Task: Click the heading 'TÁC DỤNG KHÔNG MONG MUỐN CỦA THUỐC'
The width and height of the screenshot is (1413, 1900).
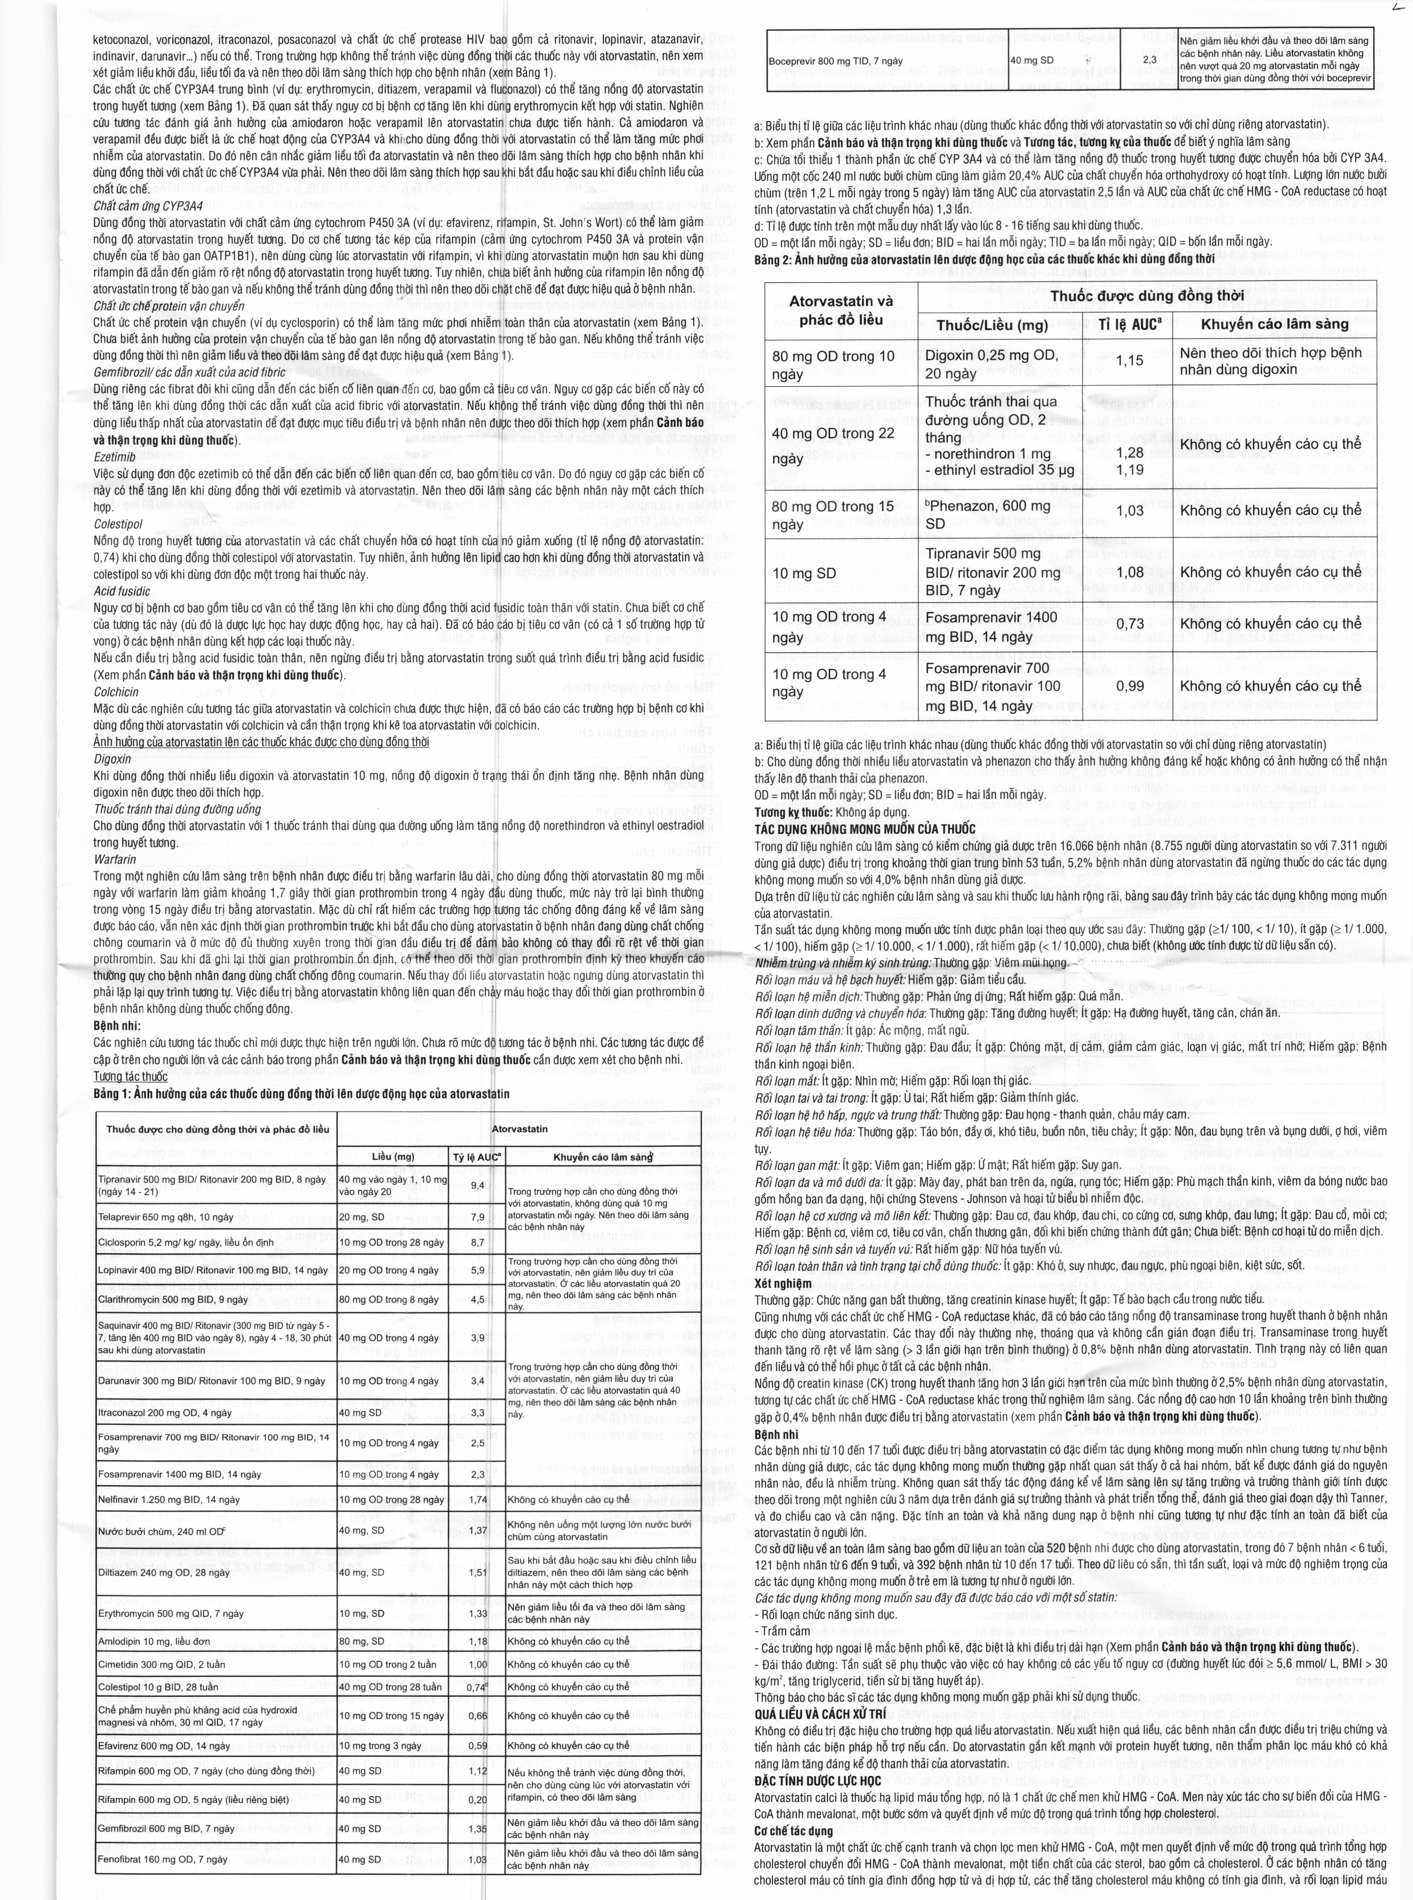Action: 864,829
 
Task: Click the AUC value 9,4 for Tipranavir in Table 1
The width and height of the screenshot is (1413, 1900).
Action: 477,1185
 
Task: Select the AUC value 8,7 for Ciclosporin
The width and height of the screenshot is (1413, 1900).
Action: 477,1241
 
